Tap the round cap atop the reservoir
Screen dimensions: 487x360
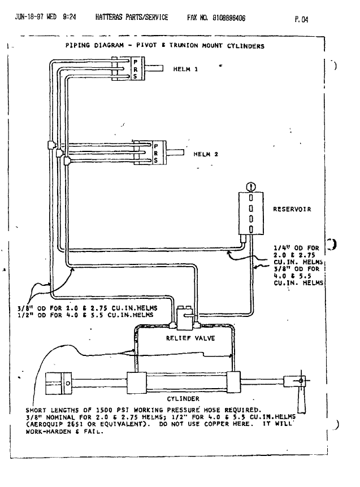click(251, 186)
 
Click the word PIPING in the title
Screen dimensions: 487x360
click(77, 46)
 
